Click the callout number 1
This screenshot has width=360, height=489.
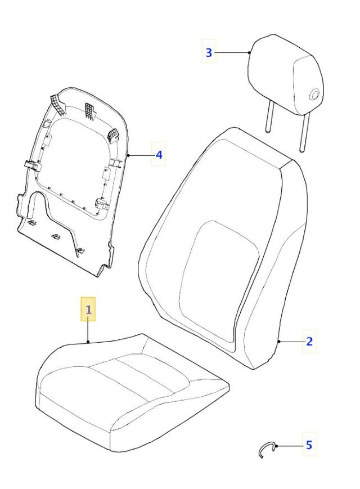click(88, 309)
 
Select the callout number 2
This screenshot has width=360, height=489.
click(309, 342)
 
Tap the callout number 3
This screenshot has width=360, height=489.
click(209, 53)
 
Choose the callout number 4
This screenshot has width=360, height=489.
click(159, 155)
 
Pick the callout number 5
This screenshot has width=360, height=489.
click(309, 445)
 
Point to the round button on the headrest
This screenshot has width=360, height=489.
click(314, 94)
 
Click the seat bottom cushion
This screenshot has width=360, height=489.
click(132, 392)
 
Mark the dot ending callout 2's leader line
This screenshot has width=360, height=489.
click(279, 342)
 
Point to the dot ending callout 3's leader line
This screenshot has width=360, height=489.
click(249, 53)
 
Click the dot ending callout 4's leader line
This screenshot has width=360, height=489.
click(128, 155)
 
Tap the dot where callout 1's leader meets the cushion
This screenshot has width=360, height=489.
click(88, 342)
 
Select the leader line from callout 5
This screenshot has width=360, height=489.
click(290, 446)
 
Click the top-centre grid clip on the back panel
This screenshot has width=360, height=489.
click(89, 111)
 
